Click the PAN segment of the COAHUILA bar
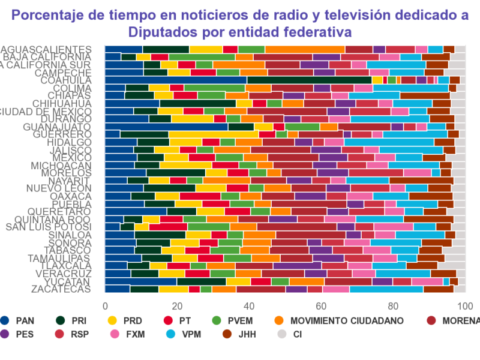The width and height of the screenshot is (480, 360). coord(176,80)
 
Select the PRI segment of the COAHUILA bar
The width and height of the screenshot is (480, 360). coord(309,80)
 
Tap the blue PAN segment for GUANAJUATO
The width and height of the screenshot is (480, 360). coord(166,127)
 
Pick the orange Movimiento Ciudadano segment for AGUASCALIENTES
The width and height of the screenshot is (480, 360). coord(305,49)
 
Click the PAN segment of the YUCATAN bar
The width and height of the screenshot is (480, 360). coord(141,281)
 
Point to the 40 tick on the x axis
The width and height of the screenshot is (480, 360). coord(249,304)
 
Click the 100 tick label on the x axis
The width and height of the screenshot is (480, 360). coord(466,304)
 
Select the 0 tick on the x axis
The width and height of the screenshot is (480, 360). coord(105,304)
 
